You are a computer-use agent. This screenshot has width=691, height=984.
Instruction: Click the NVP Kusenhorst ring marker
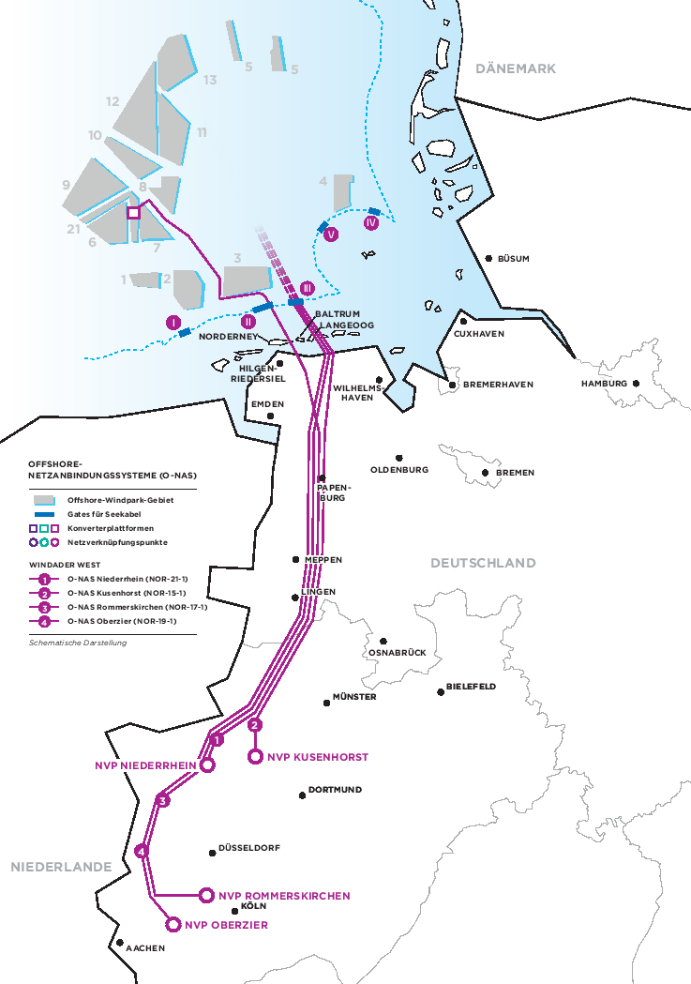[x=255, y=757]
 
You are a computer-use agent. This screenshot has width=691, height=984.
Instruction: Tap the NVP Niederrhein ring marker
[x=208, y=765]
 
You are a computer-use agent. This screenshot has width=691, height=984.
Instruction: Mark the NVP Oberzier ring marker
[x=173, y=925]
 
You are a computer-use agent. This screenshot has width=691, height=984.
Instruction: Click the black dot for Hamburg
[x=636, y=383]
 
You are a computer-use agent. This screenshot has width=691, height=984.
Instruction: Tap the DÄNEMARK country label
[x=516, y=68]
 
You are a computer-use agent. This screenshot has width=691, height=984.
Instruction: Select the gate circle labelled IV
[x=371, y=223]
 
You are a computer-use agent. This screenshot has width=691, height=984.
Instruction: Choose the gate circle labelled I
[x=173, y=323]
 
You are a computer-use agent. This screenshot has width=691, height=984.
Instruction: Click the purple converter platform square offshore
[x=133, y=213]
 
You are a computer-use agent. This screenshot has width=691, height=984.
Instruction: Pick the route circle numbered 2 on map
[x=255, y=724]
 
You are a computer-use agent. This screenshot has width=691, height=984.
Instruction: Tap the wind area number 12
[x=113, y=101]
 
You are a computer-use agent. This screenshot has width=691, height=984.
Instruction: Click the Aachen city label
[x=145, y=948]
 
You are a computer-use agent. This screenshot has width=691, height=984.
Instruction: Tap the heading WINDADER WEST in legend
[x=63, y=566]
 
